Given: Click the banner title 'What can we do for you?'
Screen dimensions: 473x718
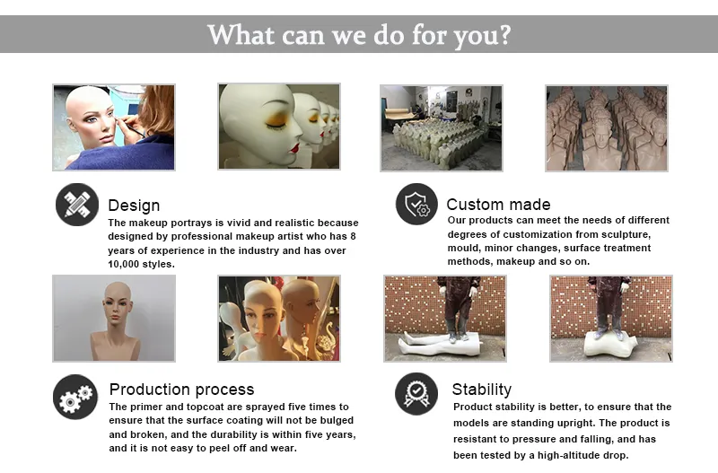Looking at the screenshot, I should point(359,35).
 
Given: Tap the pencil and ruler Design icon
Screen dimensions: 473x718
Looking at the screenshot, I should point(76,205).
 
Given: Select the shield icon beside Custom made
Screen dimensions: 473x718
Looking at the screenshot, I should point(416,204).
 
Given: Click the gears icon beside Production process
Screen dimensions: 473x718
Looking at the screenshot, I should point(75,396).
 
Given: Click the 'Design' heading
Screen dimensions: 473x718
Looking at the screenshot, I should point(134,206).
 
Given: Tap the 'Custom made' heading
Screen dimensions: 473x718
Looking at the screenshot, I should point(498,205).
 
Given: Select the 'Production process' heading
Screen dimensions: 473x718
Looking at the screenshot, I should point(181,390).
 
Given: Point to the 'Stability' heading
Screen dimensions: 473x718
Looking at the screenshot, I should point(481,390).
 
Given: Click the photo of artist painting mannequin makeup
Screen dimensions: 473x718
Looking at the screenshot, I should point(114,127).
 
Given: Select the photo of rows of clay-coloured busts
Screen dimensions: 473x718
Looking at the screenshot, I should point(607,127).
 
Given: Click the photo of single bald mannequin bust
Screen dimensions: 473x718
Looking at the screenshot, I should point(114,318).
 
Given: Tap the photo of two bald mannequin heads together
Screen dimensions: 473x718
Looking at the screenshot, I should point(279,318).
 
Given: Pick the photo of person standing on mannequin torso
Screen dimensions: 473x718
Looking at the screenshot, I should point(610,318).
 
